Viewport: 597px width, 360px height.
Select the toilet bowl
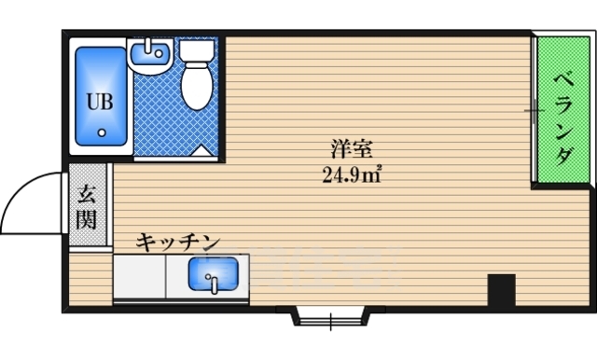point(196,86)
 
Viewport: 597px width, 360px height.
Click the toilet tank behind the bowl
point(196,50)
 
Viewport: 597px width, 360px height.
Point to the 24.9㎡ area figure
point(351,172)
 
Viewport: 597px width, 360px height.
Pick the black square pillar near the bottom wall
point(502,290)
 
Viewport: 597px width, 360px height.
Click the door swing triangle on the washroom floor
point(201,149)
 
